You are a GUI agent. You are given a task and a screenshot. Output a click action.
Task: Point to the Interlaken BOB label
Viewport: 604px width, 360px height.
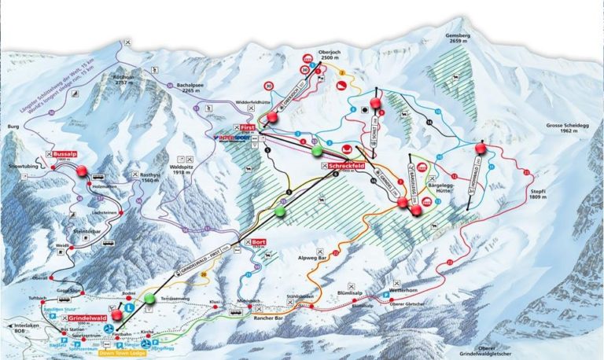tap(19, 328)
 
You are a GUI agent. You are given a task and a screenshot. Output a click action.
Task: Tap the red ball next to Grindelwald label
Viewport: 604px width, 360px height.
tap(117, 316)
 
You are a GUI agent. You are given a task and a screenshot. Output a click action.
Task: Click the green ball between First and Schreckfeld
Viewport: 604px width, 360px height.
tap(316, 149)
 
